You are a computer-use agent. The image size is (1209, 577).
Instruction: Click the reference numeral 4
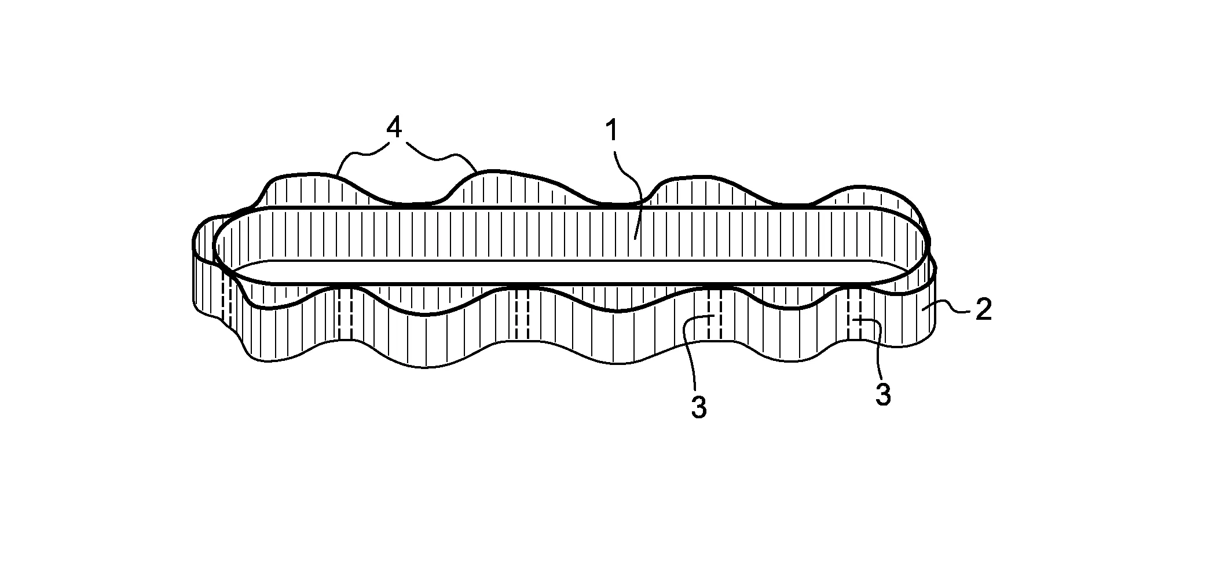[394, 129]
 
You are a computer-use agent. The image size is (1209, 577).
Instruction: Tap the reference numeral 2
[984, 311]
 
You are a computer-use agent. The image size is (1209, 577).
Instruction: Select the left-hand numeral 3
[699, 408]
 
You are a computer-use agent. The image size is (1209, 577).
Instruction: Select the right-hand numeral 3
[882, 395]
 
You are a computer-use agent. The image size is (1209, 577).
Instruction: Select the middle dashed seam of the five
[521, 316]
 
